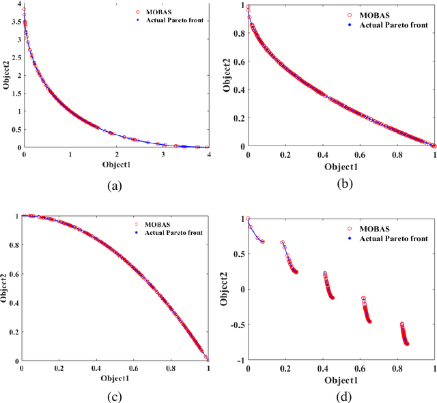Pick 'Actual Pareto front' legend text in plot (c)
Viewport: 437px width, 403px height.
(174, 233)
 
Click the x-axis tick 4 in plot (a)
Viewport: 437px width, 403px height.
(208, 155)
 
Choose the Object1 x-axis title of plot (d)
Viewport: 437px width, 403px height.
(341, 379)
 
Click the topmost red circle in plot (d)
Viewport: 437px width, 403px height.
(248, 219)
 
